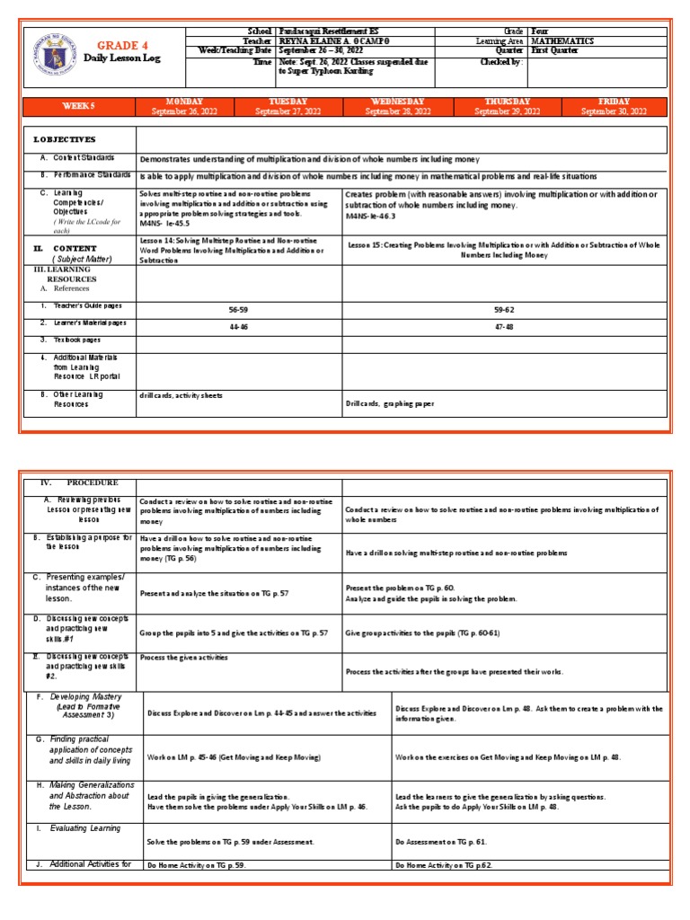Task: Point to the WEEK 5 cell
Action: [78, 106]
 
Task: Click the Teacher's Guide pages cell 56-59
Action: [238, 308]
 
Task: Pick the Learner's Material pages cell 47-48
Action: [504, 328]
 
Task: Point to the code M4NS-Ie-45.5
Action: [165, 225]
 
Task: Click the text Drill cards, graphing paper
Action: [390, 404]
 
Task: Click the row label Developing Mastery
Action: [85, 697]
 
